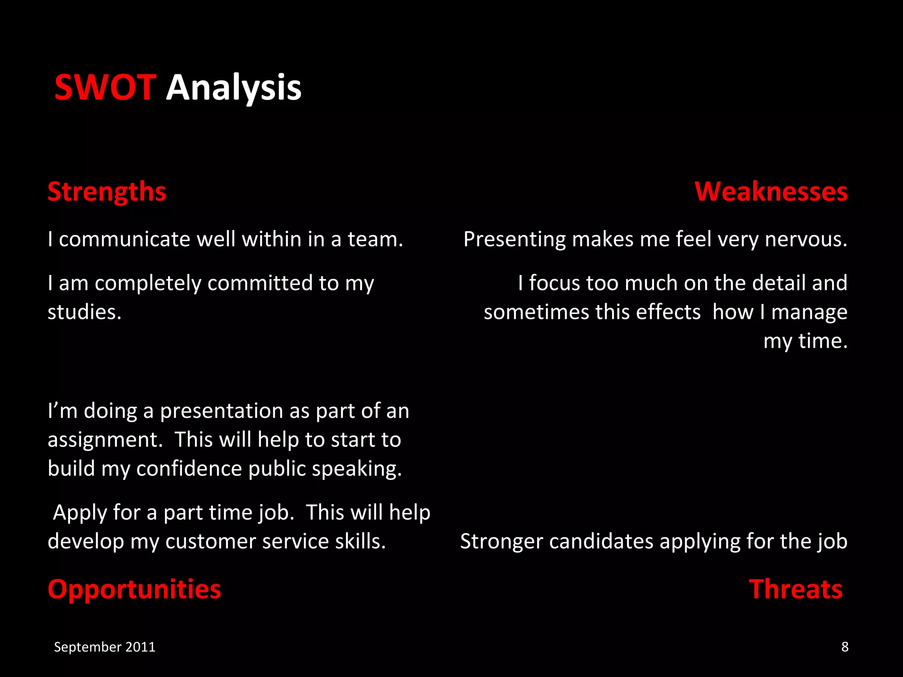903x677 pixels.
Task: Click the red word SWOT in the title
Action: (x=105, y=87)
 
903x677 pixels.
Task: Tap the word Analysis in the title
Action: (x=233, y=88)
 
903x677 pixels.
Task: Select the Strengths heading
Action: (x=107, y=192)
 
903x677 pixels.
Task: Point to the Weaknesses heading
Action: (x=771, y=192)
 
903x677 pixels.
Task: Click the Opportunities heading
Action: (x=134, y=589)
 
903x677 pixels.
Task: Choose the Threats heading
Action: (x=795, y=589)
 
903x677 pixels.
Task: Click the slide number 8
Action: (x=845, y=647)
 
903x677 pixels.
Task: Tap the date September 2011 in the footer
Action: (x=104, y=647)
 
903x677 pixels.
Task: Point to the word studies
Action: (x=84, y=312)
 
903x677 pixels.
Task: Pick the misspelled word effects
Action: (x=668, y=312)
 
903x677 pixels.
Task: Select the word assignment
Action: (x=105, y=440)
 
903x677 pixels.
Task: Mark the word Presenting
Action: (x=514, y=239)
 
